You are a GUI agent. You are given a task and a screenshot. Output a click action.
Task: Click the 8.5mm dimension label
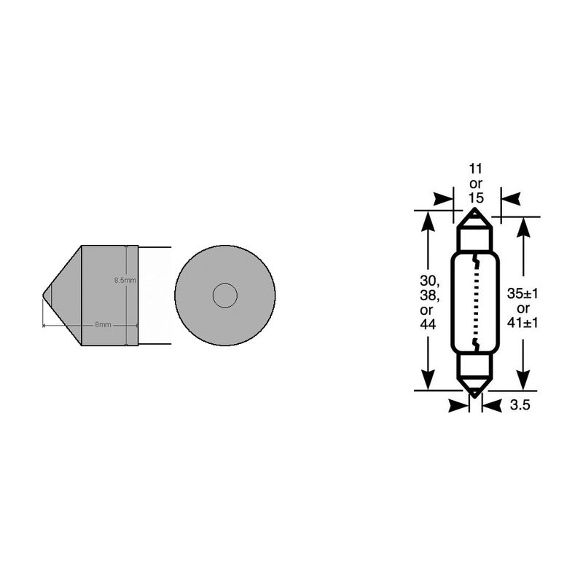point(125,280)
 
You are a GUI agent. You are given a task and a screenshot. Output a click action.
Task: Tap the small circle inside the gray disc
point(224,295)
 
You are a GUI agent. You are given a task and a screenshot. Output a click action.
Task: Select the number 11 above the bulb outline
point(475,168)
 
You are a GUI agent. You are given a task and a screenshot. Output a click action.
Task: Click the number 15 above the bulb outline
point(475,197)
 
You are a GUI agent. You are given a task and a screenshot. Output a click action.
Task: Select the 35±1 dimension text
point(522,295)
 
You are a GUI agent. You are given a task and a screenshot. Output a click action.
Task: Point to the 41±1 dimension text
point(522,324)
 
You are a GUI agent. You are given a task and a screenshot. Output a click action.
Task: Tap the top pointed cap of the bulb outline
point(475,216)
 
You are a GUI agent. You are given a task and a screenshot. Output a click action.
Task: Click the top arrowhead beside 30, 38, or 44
point(428,222)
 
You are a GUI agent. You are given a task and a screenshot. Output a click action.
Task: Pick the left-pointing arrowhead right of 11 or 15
point(510,198)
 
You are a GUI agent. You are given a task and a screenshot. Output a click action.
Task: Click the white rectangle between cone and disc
point(154,295)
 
